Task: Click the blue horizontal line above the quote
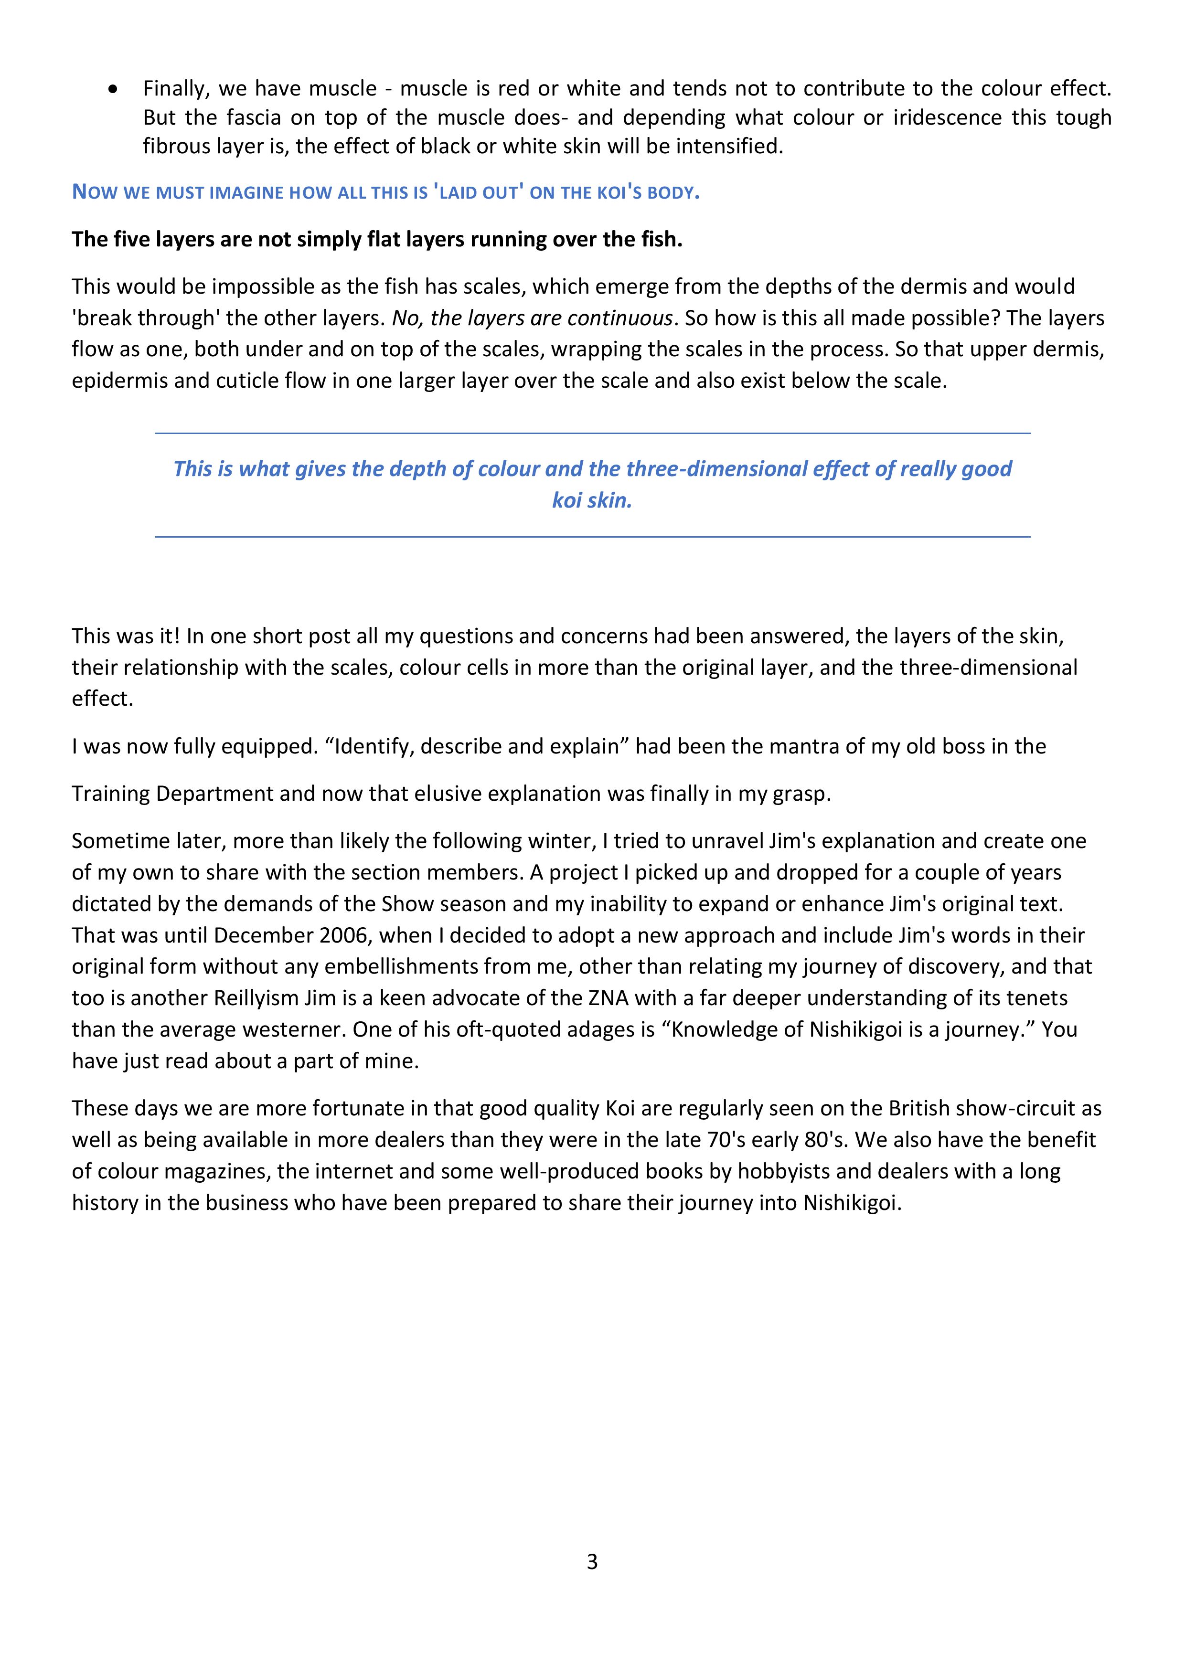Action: (x=592, y=434)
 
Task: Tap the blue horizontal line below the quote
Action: (x=592, y=537)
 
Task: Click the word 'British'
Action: (x=918, y=1108)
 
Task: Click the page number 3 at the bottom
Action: (x=592, y=1562)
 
